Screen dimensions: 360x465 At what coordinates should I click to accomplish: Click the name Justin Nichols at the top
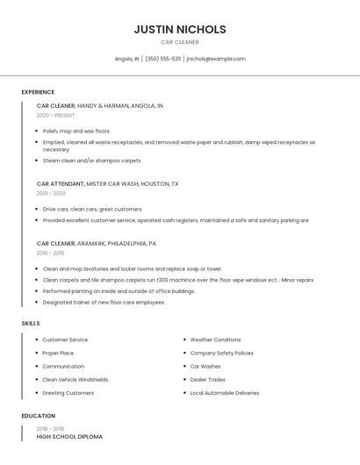point(180,29)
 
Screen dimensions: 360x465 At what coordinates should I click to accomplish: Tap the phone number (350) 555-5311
point(163,59)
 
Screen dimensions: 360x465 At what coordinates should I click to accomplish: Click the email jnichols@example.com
point(216,59)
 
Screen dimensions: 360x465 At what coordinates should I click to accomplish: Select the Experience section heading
point(38,92)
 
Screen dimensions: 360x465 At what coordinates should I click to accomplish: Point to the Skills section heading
point(31,324)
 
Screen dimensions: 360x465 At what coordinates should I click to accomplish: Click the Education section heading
point(38,416)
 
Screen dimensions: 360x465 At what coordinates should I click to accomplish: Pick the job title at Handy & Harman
point(56,105)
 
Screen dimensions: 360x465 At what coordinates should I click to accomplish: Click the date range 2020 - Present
point(55,115)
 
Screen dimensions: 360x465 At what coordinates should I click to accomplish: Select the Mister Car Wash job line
point(107,184)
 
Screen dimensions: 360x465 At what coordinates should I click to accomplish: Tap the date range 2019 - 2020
point(51,193)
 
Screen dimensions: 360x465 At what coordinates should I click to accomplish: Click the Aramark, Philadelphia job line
point(97,243)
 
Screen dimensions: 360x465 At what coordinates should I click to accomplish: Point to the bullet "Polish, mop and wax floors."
point(76,131)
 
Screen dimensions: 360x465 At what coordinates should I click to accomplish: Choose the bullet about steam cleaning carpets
point(92,161)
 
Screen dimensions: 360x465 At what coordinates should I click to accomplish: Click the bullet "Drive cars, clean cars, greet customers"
point(92,209)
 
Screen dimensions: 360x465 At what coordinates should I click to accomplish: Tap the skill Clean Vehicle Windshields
point(75,380)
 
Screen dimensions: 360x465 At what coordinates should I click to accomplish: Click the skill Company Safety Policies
point(221,353)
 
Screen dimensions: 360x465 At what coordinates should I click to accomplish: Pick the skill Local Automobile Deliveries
point(225,393)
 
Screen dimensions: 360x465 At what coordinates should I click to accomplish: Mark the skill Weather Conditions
point(215,340)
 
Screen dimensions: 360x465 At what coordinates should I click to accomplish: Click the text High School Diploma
point(69,436)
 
